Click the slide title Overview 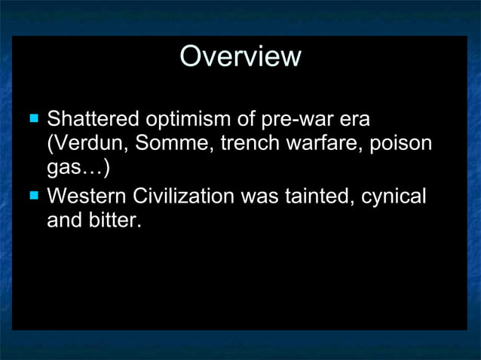tap(240, 56)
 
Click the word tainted tap(311, 197)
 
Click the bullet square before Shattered tap(33, 118)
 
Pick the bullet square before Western tap(33, 197)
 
